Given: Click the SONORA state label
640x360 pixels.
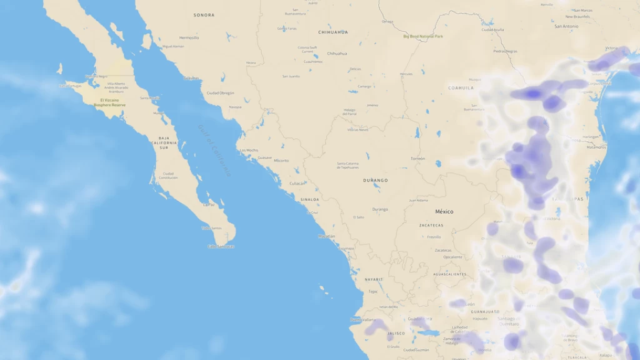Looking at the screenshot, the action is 204,15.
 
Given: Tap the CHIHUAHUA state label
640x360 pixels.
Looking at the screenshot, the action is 333,32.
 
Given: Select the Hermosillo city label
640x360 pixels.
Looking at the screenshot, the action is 189,37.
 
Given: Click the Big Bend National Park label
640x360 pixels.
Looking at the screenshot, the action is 423,36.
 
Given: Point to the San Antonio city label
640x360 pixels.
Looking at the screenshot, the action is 566,26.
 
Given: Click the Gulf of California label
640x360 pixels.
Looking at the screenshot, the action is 215,149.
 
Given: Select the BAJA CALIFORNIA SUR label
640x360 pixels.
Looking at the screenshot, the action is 164,142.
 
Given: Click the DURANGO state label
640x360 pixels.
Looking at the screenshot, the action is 376,180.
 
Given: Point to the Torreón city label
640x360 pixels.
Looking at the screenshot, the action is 417,159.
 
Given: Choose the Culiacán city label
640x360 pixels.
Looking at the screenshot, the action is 297,184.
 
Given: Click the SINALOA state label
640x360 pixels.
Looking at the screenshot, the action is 310,199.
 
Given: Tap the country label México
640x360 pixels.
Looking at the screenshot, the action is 444,212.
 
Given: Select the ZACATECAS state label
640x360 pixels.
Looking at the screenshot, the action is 431,225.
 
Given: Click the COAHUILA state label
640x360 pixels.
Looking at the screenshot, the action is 461,88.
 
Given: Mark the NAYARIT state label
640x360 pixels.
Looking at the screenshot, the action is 374,279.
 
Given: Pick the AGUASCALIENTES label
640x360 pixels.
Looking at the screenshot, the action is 449,274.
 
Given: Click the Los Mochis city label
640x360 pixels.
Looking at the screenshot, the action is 249,150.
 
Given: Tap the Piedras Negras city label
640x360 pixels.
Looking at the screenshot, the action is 505,51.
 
